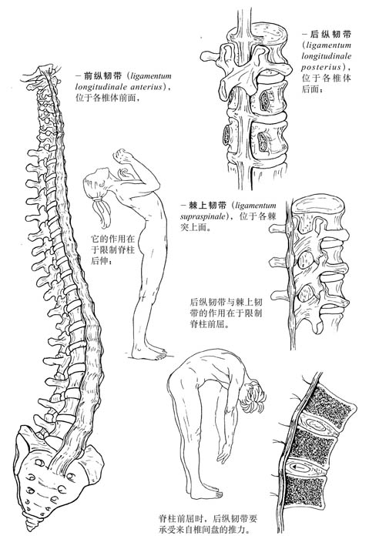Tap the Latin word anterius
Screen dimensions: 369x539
145,86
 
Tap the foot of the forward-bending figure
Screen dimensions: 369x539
206,494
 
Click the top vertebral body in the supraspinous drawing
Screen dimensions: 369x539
317,209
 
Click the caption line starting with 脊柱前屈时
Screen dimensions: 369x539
207,518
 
